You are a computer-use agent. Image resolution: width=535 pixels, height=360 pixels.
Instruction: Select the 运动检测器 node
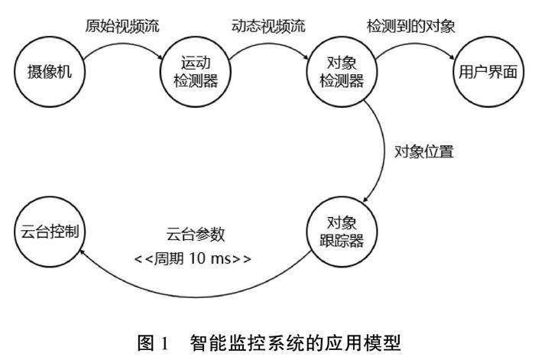[x=192, y=73]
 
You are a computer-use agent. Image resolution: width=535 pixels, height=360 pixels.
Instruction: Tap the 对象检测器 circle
[x=339, y=73]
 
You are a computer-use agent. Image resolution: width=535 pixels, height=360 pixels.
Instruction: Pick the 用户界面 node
[x=487, y=73]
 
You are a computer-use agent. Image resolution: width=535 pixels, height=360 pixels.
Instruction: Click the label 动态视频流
[x=268, y=25]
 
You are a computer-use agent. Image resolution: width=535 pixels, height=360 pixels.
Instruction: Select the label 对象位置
[x=424, y=151]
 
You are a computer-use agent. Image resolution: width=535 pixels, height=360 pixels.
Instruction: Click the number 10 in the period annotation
[x=204, y=258]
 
